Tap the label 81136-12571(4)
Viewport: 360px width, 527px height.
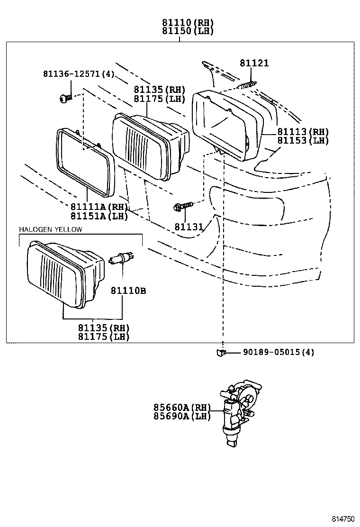click(x=78, y=74)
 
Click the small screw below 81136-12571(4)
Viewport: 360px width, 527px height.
click(x=65, y=98)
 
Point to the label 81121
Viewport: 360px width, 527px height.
click(x=253, y=63)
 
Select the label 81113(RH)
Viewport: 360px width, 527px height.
click(x=302, y=132)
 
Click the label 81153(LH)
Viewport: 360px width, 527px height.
click(x=302, y=140)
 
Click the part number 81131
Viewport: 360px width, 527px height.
click(x=189, y=227)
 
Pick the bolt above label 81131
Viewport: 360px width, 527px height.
click(x=183, y=206)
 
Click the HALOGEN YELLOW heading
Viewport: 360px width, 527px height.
click(x=51, y=229)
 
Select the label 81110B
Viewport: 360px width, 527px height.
click(x=128, y=291)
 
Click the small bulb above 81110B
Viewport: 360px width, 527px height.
click(x=119, y=258)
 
